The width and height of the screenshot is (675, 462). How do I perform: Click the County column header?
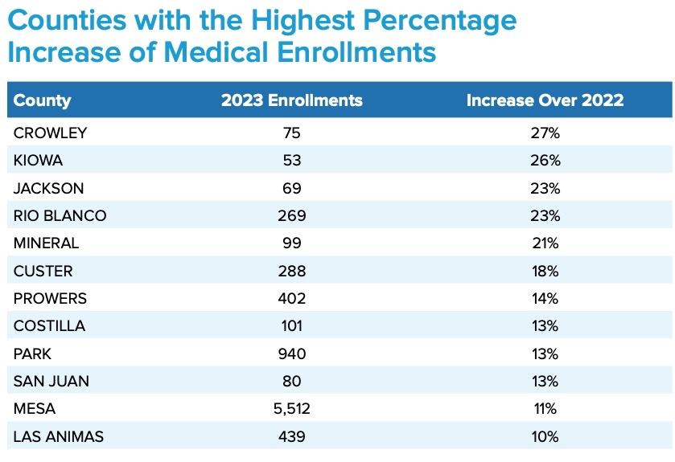(43, 100)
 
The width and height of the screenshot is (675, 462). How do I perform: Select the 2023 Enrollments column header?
(292, 100)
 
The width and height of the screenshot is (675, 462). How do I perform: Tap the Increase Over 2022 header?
(545, 100)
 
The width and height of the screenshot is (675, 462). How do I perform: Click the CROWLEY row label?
(50, 133)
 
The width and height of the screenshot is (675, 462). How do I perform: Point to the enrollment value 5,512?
(292, 409)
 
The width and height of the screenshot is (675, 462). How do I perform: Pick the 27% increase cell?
(545, 133)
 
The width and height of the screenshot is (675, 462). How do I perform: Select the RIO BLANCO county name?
(60, 215)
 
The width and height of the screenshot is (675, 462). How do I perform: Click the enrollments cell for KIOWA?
(292, 161)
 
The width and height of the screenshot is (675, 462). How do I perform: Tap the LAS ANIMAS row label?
(59, 436)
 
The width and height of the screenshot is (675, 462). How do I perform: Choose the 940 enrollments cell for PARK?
(292, 354)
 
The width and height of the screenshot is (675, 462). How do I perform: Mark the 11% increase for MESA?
(545, 409)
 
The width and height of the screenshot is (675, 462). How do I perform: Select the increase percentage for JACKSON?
(545, 188)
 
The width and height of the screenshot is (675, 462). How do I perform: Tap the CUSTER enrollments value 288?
(292, 271)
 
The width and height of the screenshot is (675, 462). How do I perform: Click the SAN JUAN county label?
(51, 381)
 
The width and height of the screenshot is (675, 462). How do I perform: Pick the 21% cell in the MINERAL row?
(545, 243)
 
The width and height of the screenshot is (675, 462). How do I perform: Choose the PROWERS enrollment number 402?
(292, 298)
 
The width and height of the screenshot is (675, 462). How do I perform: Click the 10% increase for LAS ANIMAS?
(545, 436)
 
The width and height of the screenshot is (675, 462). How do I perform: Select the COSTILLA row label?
(50, 325)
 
